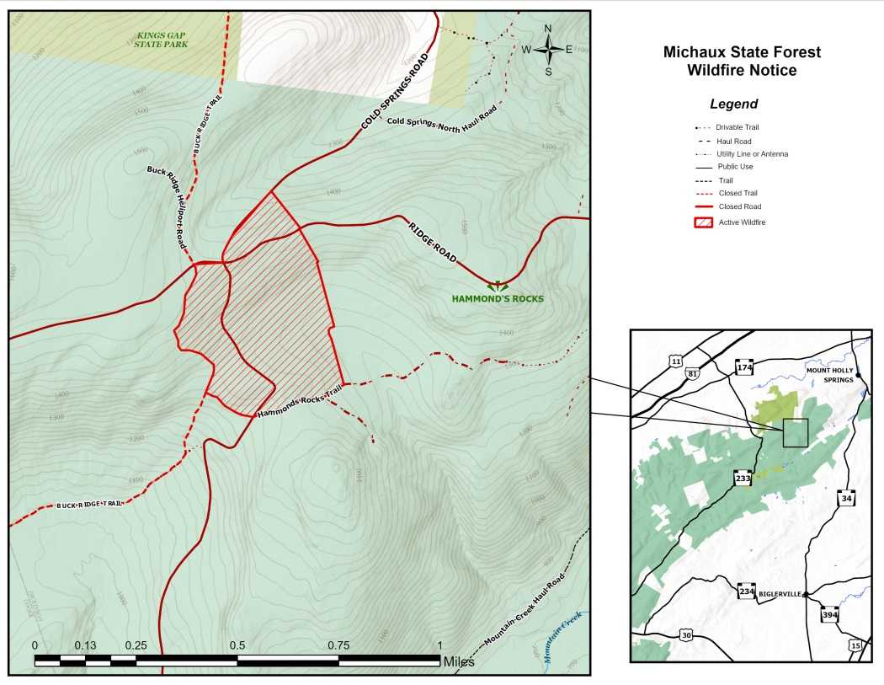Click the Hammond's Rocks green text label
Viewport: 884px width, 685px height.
tap(498, 299)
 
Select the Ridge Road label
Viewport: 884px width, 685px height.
tap(433, 242)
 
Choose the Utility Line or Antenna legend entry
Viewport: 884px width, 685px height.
tap(752, 154)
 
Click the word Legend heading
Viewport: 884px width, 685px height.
tap(733, 104)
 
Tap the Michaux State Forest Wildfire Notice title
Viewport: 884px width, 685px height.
tap(741, 62)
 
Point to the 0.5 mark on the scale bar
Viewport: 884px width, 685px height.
tap(237, 646)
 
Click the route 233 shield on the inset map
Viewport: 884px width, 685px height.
tap(743, 479)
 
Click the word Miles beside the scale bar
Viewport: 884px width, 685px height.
tap(459, 662)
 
